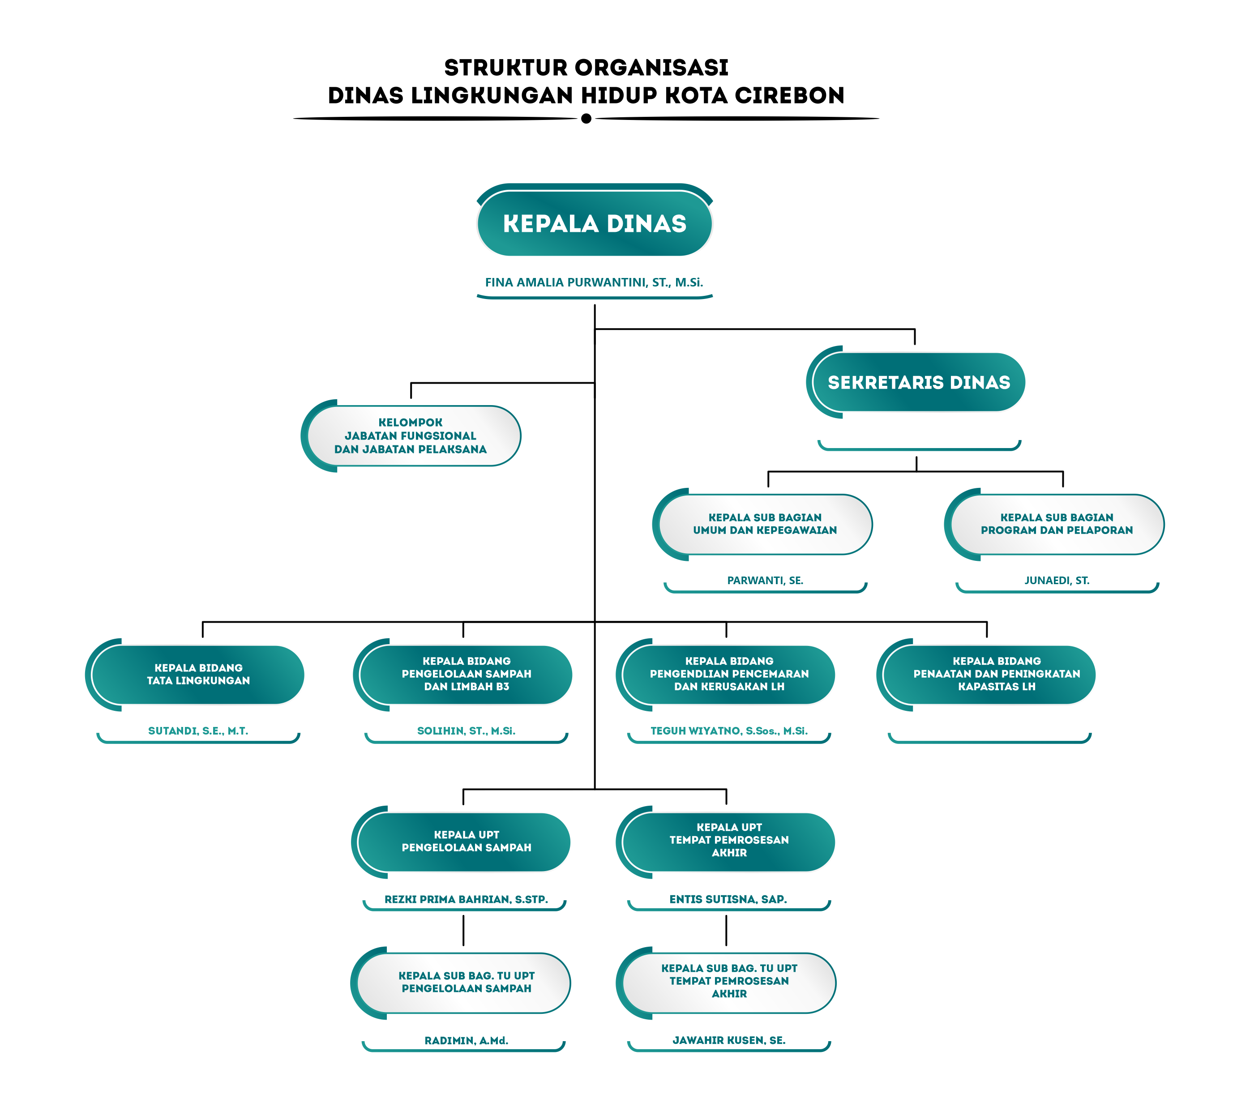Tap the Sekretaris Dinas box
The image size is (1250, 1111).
[916, 382]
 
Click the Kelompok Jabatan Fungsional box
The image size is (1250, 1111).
[411, 436]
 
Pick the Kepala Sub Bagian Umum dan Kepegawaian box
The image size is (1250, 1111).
[762, 524]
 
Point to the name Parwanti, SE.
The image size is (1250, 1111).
[765, 580]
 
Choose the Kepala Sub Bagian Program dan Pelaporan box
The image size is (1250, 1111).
[1054, 524]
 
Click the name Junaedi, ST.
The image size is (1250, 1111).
[1057, 580]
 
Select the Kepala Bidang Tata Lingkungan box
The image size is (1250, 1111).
[194, 675]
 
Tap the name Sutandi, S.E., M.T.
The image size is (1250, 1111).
[198, 731]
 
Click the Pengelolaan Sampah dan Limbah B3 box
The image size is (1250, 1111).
[462, 675]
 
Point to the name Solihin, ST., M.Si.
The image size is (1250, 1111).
[466, 731]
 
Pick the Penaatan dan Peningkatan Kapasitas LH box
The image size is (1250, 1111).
[986, 675]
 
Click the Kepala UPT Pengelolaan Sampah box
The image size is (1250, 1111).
[461, 842]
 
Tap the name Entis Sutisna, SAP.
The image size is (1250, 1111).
[728, 899]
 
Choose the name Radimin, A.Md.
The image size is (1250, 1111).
[466, 1041]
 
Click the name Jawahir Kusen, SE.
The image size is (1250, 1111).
[729, 1040]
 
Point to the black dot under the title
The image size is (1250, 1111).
[586, 119]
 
